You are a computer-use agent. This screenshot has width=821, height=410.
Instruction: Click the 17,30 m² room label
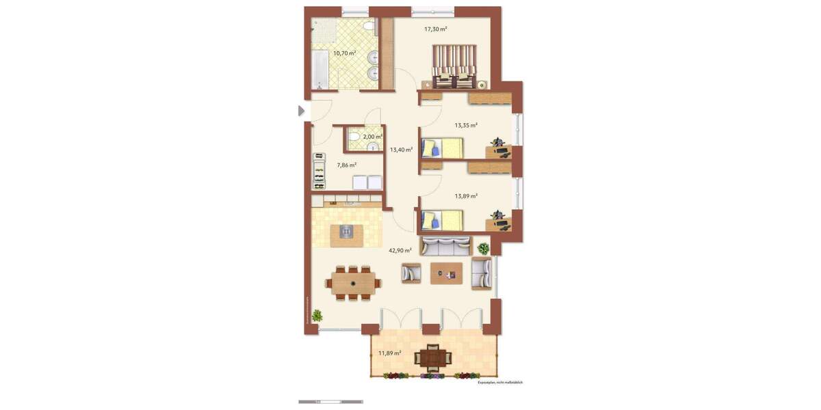[x=435, y=29]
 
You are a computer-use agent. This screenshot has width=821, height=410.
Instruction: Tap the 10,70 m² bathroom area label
[x=344, y=53]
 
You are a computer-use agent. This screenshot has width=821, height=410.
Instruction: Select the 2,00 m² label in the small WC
[x=372, y=137]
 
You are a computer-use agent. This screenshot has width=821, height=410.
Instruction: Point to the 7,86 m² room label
[x=346, y=165]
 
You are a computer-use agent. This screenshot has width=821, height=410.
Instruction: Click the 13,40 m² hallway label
[x=401, y=149]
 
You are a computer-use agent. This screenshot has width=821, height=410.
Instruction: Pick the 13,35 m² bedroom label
[x=466, y=125]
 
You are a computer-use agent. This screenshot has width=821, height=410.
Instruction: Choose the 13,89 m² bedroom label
[x=466, y=196]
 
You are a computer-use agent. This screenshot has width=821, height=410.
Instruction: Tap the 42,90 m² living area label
[x=400, y=251]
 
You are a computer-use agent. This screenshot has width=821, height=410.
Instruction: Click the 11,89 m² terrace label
[x=389, y=353]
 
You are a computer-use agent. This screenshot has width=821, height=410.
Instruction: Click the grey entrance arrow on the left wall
[x=301, y=111]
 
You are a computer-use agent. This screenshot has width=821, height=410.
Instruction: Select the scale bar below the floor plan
[x=330, y=402]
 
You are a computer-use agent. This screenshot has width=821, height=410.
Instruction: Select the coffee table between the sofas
[x=446, y=273]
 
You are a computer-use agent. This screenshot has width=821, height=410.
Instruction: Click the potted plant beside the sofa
[x=484, y=249]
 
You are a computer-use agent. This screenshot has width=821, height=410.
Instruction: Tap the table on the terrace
[x=434, y=357]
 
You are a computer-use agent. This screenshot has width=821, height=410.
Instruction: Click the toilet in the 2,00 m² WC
[x=353, y=139]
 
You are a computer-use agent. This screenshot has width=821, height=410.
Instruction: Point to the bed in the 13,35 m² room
[x=441, y=148]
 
